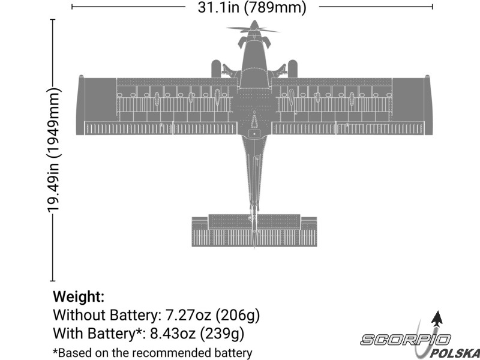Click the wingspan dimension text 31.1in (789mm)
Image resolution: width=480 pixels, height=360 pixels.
251,7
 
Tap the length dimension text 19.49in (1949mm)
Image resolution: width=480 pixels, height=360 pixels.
54,149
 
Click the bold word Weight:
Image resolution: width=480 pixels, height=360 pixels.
79,296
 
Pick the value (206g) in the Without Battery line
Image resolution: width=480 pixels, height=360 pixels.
238,315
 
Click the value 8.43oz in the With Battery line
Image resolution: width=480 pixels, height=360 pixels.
173,333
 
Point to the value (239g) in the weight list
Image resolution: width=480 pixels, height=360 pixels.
222,334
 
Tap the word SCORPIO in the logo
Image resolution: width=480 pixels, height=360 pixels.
405,340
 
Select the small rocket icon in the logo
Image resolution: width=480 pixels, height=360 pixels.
437,319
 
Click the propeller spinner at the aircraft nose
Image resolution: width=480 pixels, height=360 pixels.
253,25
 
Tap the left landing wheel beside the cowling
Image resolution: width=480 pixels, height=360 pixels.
216,68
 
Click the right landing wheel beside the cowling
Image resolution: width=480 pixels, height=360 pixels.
292,68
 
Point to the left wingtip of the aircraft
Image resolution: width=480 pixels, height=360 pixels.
80,104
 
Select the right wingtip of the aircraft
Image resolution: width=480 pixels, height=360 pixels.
428,104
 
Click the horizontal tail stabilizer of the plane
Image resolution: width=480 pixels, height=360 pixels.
254,230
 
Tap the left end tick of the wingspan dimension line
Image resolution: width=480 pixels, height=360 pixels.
72,7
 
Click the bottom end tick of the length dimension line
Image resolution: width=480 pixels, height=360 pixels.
53,281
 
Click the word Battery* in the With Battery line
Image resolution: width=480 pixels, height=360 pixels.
114,333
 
